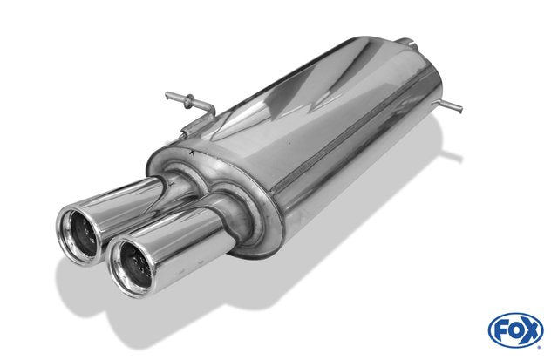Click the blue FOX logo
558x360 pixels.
tap(515, 330)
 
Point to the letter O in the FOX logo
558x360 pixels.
tap(514, 331)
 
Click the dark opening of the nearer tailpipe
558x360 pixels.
tap(137, 264)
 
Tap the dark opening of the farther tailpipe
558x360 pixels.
tap(85, 233)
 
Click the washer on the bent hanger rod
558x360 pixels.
tap(187, 101)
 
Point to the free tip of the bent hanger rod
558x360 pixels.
tap(167, 95)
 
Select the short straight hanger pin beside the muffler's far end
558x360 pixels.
tap(449, 105)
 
